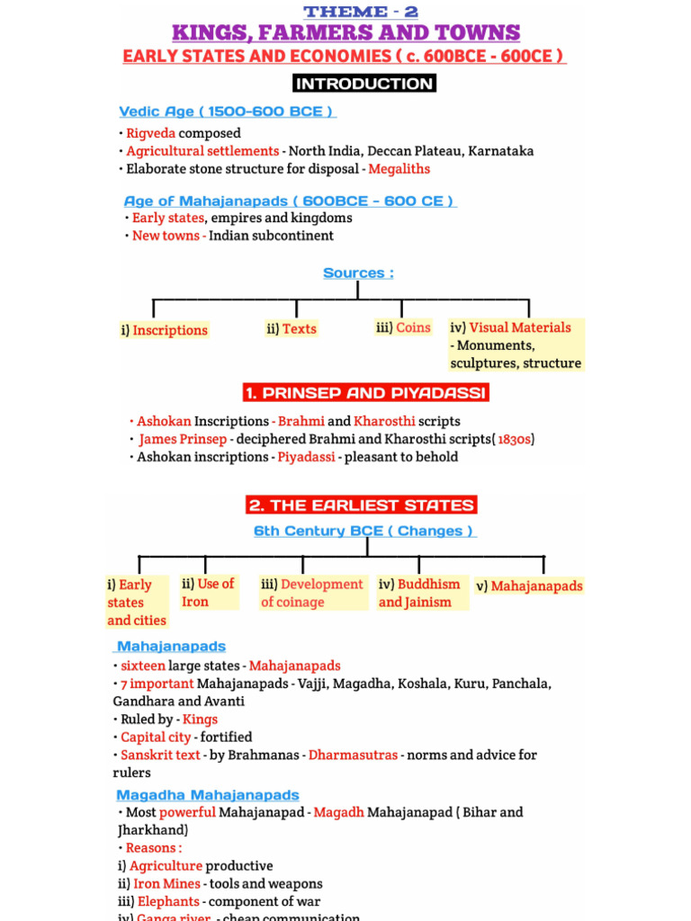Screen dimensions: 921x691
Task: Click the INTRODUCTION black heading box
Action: (x=363, y=84)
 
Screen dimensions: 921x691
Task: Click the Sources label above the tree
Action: (x=358, y=273)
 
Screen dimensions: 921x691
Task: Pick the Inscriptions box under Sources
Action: (x=164, y=330)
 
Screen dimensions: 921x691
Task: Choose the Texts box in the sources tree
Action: (x=292, y=329)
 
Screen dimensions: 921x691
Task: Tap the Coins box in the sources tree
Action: (x=404, y=327)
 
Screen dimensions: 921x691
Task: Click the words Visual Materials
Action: (x=520, y=327)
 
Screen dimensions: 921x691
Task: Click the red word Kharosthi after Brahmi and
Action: (x=382, y=421)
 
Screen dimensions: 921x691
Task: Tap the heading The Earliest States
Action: (x=361, y=505)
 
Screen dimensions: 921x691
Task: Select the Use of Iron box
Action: (x=208, y=593)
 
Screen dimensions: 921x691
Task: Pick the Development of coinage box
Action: (x=311, y=593)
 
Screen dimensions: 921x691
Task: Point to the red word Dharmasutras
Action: (x=353, y=755)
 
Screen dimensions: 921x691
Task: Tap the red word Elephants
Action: (x=168, y=901)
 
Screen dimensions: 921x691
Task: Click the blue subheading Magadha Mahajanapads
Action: (x=208, y=795)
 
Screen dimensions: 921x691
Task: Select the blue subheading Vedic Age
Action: (x=227, y=112)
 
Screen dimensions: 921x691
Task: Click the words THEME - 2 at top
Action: (x=361, y=12)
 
